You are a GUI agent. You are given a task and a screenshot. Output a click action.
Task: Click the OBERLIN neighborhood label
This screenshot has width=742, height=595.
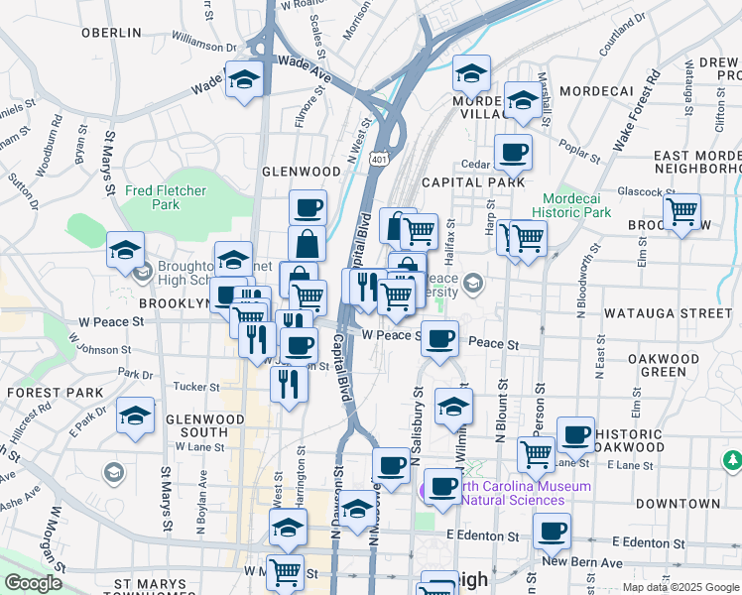112,33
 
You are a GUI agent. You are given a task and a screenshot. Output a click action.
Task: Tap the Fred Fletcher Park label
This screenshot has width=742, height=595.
152,197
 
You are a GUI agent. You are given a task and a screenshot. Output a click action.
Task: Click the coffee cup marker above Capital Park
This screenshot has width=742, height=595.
513,153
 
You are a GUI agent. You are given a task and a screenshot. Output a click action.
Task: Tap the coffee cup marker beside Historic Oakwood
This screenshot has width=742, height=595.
575,434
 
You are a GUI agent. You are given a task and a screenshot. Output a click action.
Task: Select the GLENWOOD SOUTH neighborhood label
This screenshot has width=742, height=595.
204,425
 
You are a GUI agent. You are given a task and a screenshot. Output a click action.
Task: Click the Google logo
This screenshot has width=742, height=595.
33,583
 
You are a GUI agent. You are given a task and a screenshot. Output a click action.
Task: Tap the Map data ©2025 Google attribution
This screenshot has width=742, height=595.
680,587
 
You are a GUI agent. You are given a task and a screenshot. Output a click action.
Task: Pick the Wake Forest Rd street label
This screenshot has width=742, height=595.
636,110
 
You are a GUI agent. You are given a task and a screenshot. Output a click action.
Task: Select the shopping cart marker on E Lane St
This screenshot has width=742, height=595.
536,453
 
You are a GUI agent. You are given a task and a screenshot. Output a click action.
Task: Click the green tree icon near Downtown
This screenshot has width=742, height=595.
732,460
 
